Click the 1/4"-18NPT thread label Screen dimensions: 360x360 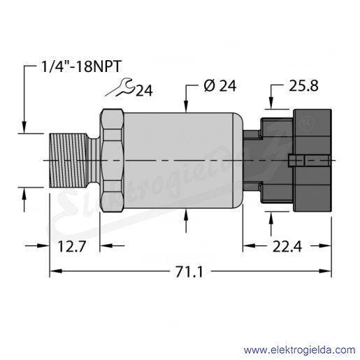click(x=81, y=66)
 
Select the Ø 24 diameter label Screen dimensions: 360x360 click(x=219, y=86)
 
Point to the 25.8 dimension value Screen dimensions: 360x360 click(x=303, y=86)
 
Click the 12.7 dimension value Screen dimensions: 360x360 click(x=72, y=246)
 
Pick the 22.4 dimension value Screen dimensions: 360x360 click(x=287, y=246)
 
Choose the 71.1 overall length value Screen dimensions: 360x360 click(x=189, y=272)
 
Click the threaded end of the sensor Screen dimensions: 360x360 click(x=69, y=160)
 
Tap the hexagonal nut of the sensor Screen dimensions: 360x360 click(x=112, y=160)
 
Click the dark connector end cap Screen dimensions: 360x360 click(x=312, y=160)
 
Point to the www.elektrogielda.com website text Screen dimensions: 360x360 click(x=299, y=350)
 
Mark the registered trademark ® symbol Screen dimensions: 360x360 click(x=308, y=125)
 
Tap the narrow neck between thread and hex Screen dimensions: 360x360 click(x=95, y=160)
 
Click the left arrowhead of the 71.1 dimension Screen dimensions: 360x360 click(x=55, y=271)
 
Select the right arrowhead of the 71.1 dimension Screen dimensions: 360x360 click(x=325, y=271)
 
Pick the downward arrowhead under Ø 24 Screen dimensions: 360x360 click(x=186, y=107)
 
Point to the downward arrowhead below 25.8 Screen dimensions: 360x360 click(x=271, y=103)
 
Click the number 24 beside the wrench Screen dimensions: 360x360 click(x=144, y=90)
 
